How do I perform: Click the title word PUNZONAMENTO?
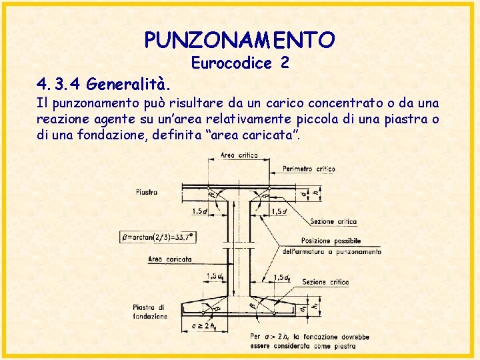pos(239,41)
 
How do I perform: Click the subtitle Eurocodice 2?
pos(239,63)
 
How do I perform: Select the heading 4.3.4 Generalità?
pos(103,85)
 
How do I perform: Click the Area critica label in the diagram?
pos(239,156)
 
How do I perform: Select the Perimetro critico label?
pos(309,169)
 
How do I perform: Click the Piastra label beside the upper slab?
pos(147,192)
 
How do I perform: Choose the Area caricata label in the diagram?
pos(171,259)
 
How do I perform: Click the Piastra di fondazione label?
pos(150,311)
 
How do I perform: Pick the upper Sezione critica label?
pos(333,221)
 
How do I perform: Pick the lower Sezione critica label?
pos(325,282)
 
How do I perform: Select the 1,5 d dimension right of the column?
pos(279,211)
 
